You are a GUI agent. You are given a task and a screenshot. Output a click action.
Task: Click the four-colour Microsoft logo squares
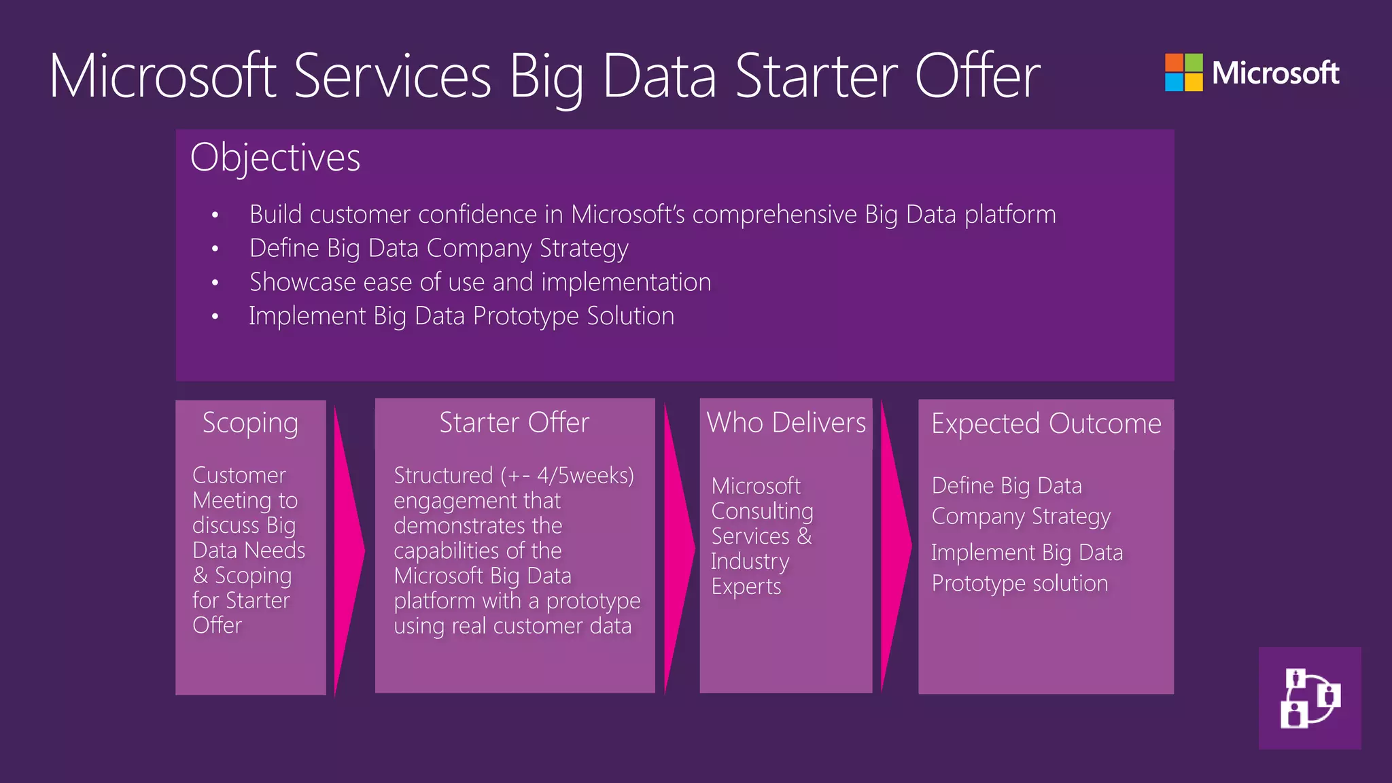[x=1183, y=73]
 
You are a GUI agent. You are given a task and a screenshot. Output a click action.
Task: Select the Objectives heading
[x=275, y=158]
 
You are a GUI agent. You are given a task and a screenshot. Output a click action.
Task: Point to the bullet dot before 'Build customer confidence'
[x=215, y=215]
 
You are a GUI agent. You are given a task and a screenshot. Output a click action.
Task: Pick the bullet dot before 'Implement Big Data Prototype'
[x=215, y=317]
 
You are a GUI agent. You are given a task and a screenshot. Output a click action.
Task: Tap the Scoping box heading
[x=250, y=423]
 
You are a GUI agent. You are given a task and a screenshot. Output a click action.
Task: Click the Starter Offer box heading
[x=514, y=423]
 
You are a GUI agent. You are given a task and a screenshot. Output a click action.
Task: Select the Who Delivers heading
[x=786, y=423]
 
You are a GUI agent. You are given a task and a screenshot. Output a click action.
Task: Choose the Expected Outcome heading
[x=1046, y=423]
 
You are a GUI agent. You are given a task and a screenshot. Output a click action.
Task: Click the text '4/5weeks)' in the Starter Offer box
[x=585, y=475]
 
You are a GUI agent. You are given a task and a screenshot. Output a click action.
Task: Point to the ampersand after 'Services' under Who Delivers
[x=804, y=536]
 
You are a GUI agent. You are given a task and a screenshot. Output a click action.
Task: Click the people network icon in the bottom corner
[x=1310, y=698]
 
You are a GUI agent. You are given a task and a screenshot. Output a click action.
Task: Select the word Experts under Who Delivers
[x=746, y=587]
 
